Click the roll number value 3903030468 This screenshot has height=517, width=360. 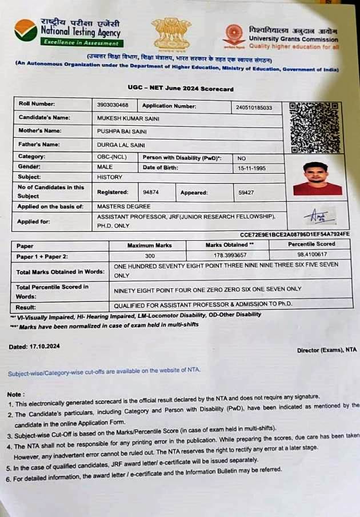(114, 105)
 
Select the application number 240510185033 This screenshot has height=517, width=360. (254, 108)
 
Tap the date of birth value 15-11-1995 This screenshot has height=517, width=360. (252, 169)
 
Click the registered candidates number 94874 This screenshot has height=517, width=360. (151, 192)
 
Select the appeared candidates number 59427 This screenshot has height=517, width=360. (246, 193)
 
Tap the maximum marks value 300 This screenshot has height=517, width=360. (150, 256)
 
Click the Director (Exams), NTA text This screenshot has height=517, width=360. (327, 349)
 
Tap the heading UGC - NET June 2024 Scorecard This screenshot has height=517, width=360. (180, 89)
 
